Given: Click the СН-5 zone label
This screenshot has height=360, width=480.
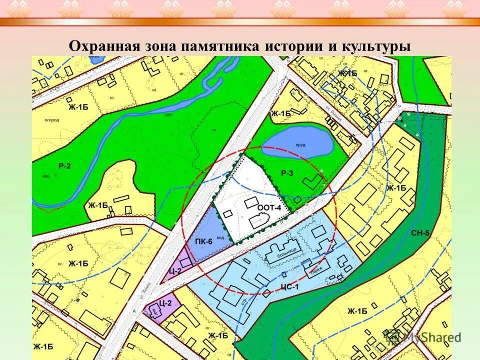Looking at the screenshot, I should pos(419,233).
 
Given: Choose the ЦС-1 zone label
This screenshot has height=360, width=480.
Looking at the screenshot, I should pos(289,287).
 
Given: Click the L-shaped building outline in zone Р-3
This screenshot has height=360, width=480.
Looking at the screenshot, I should pos(313,180).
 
